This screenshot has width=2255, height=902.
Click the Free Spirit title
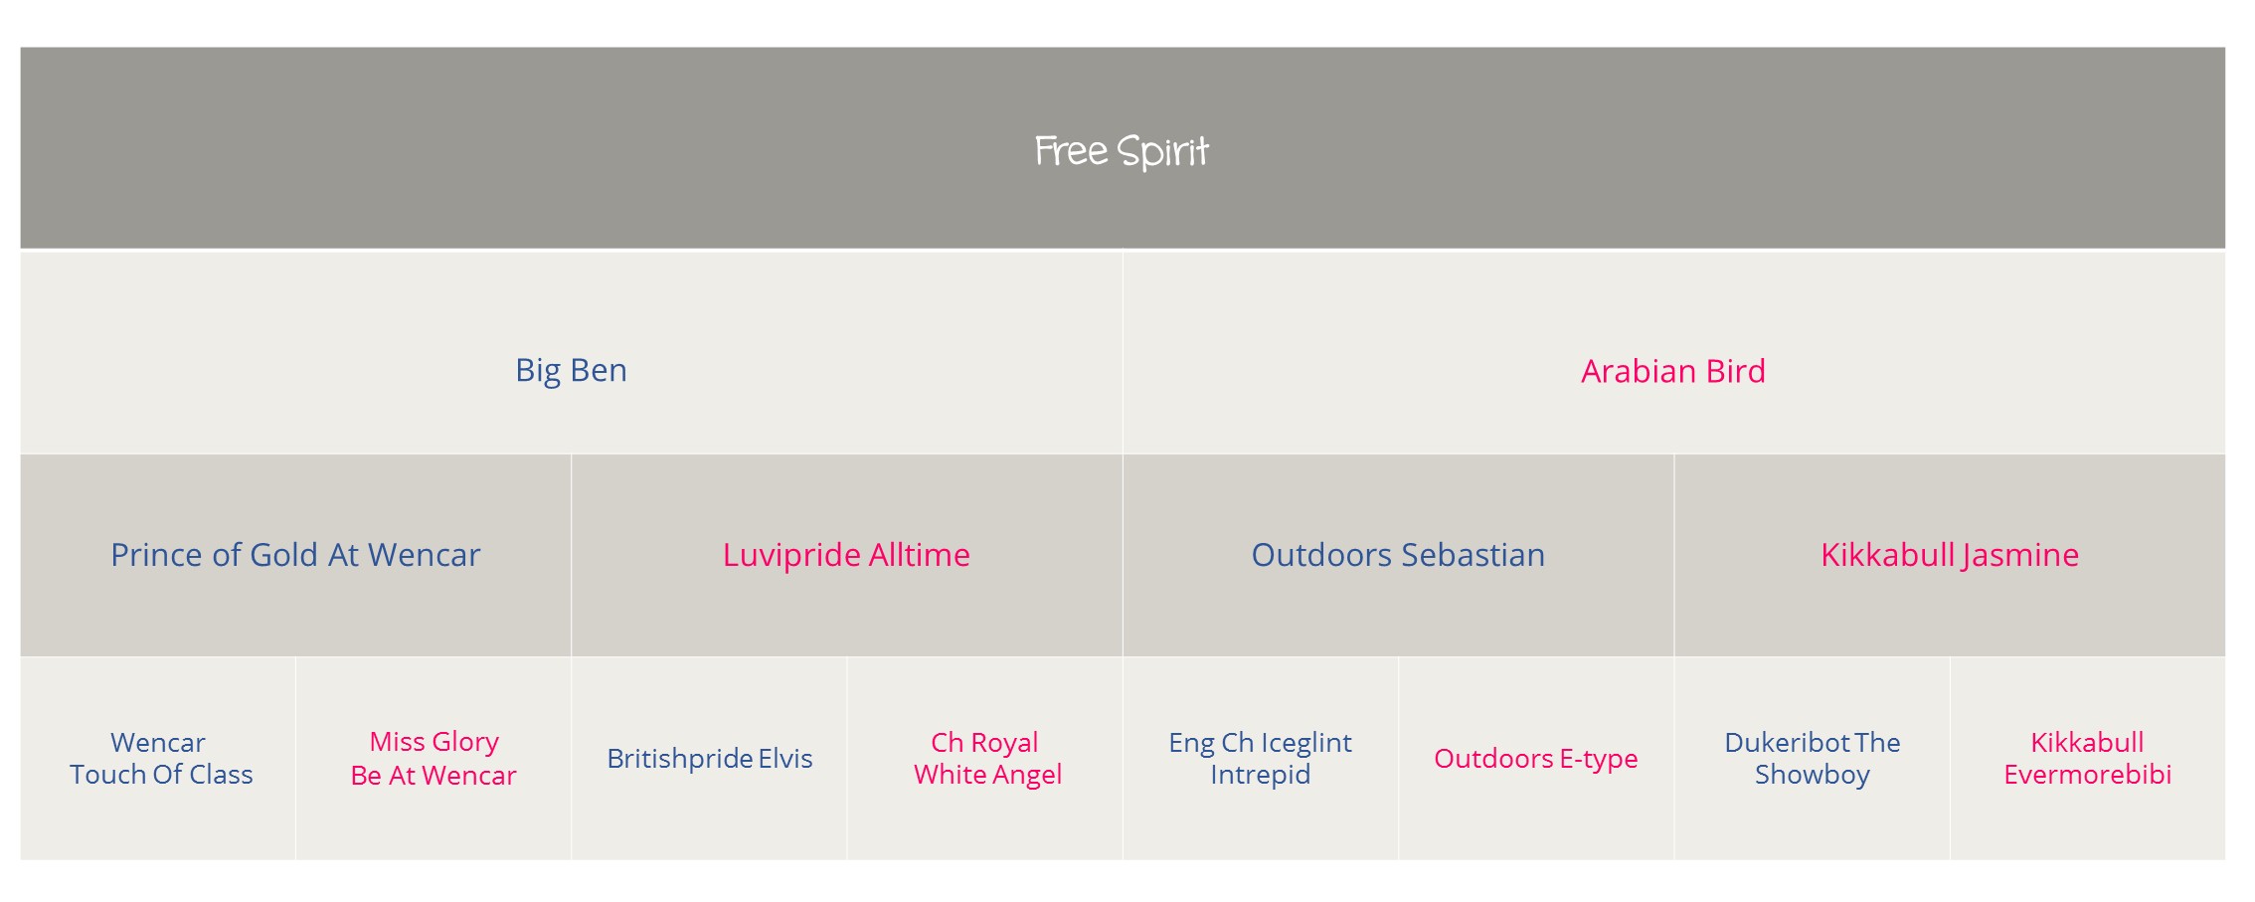(x=1122, y=151)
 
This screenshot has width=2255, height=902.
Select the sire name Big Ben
(x=571, y=370)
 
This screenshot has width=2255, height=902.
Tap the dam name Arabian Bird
(x=1673, y=371)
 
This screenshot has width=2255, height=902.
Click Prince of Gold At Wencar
(x=295, y=555)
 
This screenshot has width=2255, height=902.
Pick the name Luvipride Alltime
(x=846, y=555)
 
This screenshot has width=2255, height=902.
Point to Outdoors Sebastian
(x=1398, y=555)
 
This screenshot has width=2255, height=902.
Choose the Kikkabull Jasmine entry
(x=1950, y=555)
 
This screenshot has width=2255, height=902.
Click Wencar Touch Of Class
(x=160, y=758)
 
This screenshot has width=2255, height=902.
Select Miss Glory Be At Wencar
(x=434, y=758)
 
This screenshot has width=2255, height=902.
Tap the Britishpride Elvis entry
(x=710, y=758)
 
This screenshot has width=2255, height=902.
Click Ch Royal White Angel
(x=987, y=758)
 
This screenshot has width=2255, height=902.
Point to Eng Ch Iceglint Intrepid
(x=1260, y=758)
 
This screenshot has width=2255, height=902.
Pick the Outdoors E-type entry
(x=1536, y=758)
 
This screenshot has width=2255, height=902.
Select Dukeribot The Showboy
(x=1813, y=758)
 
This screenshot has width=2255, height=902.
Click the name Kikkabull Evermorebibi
(x=2088, y=758)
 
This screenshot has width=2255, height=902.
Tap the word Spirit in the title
(x=1162, y=152)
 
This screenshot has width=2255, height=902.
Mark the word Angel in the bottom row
(x=1028, y=775)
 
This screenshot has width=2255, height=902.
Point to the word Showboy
(x=1813, y=775)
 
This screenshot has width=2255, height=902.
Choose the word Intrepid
(x=1260, y=775)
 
